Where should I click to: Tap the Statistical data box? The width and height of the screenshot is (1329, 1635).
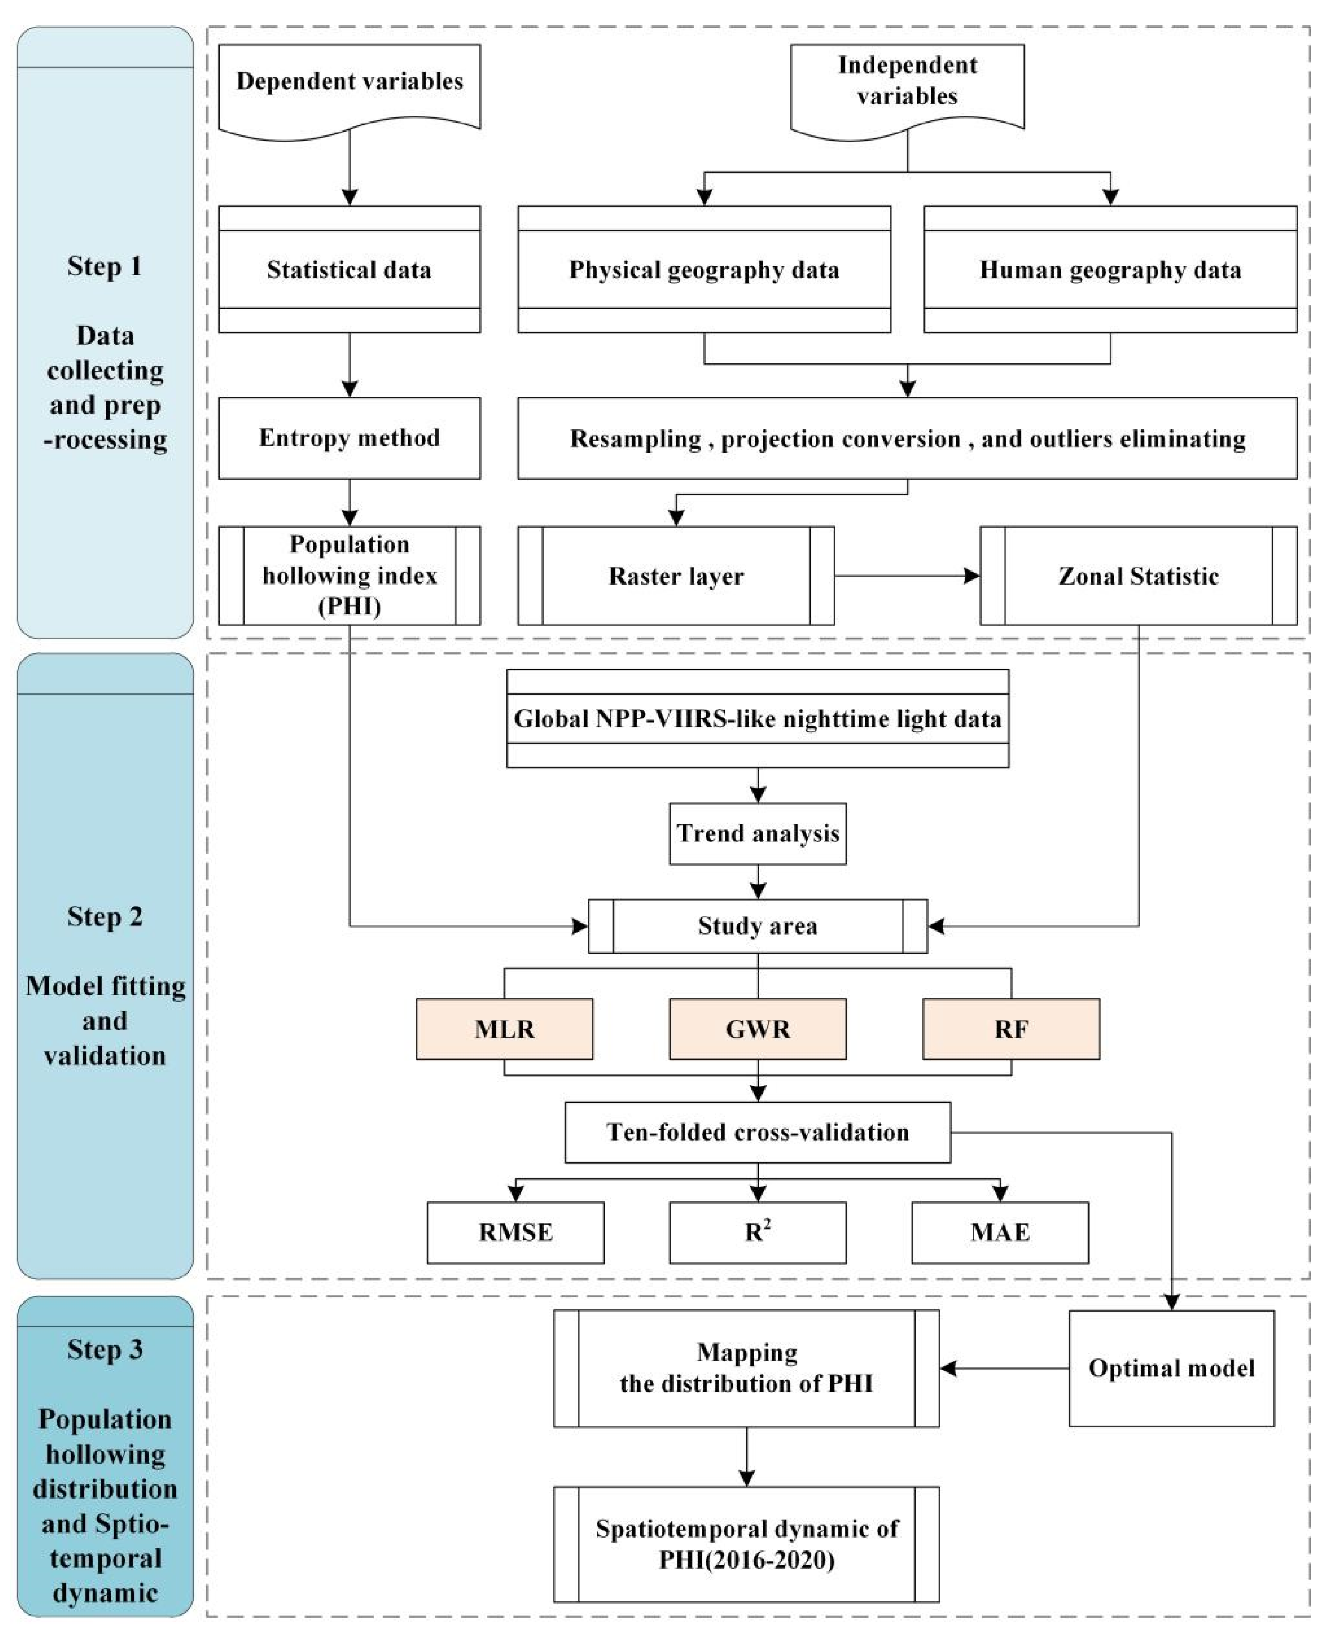[x=349, y=269]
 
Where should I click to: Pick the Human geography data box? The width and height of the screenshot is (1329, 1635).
[x=1110, y=269]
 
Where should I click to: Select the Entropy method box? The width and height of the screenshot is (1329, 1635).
[x=349, y=438]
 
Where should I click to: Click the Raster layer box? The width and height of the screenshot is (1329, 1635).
[x=675, y=576]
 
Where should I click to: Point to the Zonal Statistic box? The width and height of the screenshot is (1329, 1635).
[x=1139, y=576]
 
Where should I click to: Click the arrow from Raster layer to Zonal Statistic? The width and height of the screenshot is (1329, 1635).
[x=907, y=576]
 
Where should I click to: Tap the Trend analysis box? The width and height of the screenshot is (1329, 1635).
[x=758, y=833]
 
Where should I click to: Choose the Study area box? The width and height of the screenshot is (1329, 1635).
[x=758, y=926]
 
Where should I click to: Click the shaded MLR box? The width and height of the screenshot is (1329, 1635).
[x=504, y=1029]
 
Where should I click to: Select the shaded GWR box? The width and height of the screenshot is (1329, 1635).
[x=758, y=1029]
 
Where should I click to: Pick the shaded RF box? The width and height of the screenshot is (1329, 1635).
[x=1011, y=1029]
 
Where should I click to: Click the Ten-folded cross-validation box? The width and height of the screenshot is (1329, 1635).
[x=758, y=1132]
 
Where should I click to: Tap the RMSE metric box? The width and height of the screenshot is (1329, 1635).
[x=515, y=1232]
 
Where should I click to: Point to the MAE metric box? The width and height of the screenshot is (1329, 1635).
[x=1000, y=1232]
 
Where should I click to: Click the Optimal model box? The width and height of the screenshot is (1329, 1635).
[x=1171, y=1368]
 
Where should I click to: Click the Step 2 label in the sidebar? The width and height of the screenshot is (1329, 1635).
[x=105, y=916]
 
